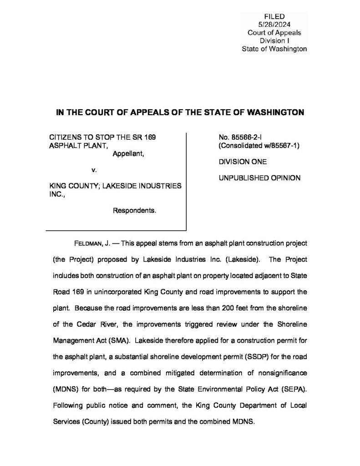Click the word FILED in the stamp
274,17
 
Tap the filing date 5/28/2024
274,25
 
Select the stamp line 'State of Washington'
274,48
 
